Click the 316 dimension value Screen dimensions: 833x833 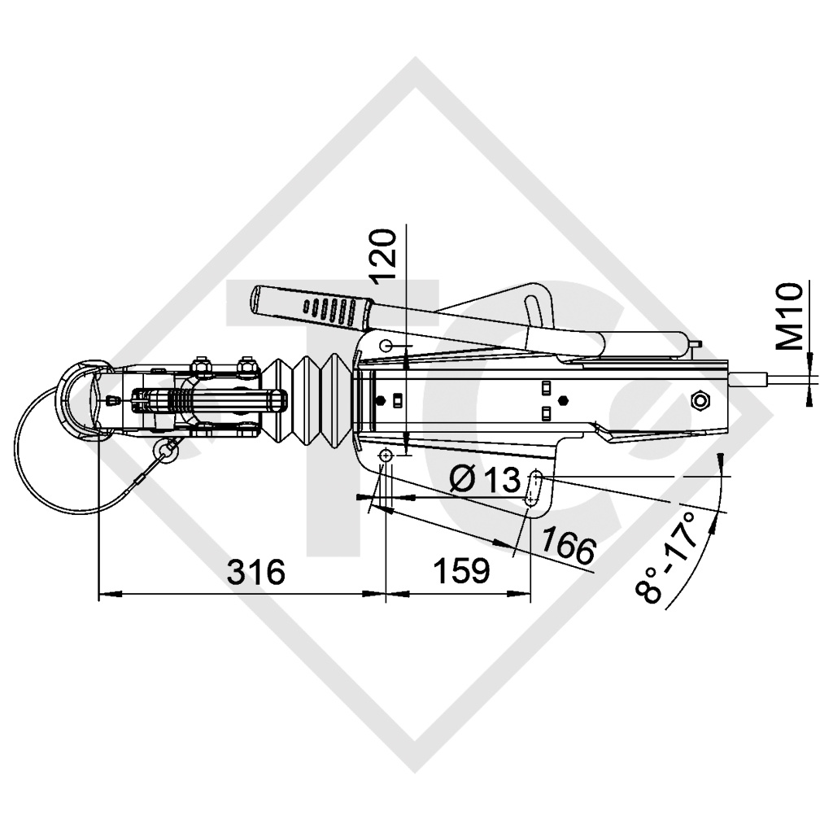tap(256, 572)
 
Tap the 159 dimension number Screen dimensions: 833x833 tap(460, 572)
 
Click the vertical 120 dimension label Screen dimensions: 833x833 tap(386, 255)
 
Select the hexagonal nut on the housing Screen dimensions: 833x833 tap(698, 402)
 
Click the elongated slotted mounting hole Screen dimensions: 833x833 tap(535, 490)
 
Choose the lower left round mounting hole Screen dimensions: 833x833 tap(386, 457)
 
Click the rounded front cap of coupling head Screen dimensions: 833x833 tap(77, 399)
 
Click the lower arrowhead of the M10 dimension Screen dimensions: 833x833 tap(808, 395)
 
